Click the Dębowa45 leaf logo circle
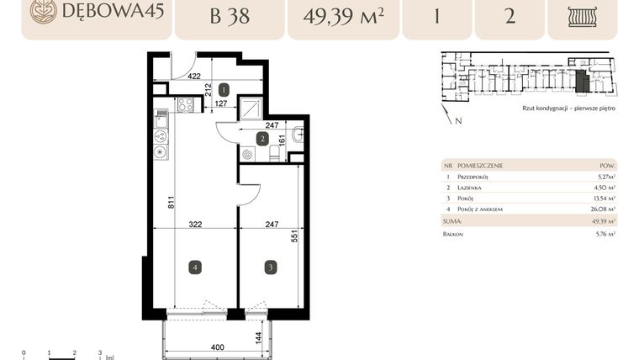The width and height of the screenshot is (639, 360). click(x=43, y=11)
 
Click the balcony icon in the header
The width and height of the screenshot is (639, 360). click(x=582, y=16)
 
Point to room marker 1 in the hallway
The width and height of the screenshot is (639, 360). click(x=224, y=88)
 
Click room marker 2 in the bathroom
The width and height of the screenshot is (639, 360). click(x=262, y=139)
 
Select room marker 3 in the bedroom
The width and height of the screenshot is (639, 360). click(x=270, y=267)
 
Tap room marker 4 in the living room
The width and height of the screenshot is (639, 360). click(x=194, y=267)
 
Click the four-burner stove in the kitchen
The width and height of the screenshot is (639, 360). click(x=186, y=105)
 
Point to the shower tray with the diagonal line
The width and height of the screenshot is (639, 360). click(x=251, y=109)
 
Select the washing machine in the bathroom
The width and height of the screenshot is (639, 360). click(x=247, y=154)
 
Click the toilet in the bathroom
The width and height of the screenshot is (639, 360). click(x=273, y=152)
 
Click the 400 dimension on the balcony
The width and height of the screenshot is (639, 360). click(x=218, y=347)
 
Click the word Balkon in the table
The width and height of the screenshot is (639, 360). click(x=453, y=234)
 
